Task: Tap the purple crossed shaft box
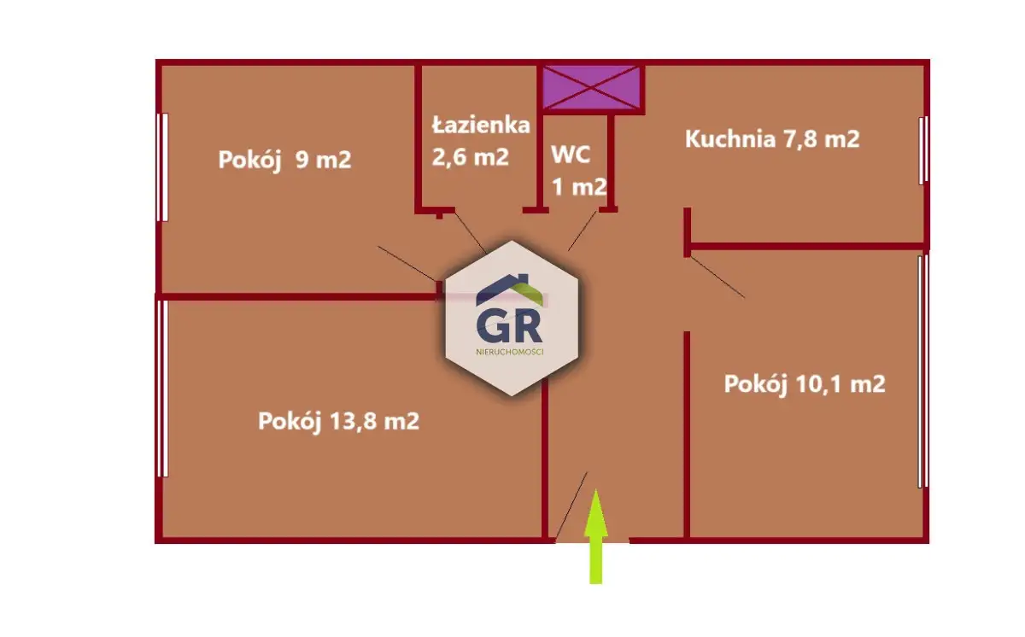593,87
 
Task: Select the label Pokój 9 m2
284,160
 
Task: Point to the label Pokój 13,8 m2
338,421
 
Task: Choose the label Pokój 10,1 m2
804,384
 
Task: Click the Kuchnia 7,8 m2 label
772,139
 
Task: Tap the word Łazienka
481,126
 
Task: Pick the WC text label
570,155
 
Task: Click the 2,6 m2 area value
471,157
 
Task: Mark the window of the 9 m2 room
161,167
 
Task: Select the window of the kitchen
923,150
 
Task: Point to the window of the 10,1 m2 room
921,371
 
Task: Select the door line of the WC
583,231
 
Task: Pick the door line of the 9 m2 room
407,262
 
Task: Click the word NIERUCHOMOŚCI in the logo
511,351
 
